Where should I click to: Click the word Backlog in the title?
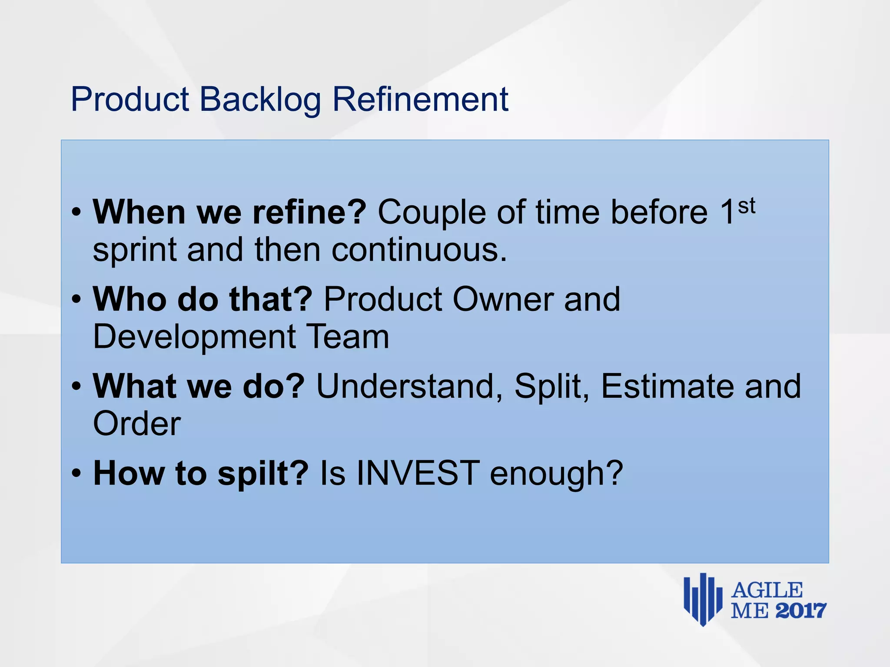[260, 100]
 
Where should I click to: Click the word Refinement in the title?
[420, 99]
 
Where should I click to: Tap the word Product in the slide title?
[130, 99]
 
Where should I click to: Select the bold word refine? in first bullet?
[309, 212]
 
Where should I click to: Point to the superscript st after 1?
[747, 205]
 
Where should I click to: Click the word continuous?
[419, 250]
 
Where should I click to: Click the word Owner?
[503, 299]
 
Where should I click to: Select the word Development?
[195, 337]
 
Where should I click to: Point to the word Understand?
[409, 386]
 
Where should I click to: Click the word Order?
[137, 424]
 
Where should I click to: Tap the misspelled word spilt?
[263, 473]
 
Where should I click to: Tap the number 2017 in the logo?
[800, 611]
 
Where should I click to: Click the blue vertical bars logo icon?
[703, 599]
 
